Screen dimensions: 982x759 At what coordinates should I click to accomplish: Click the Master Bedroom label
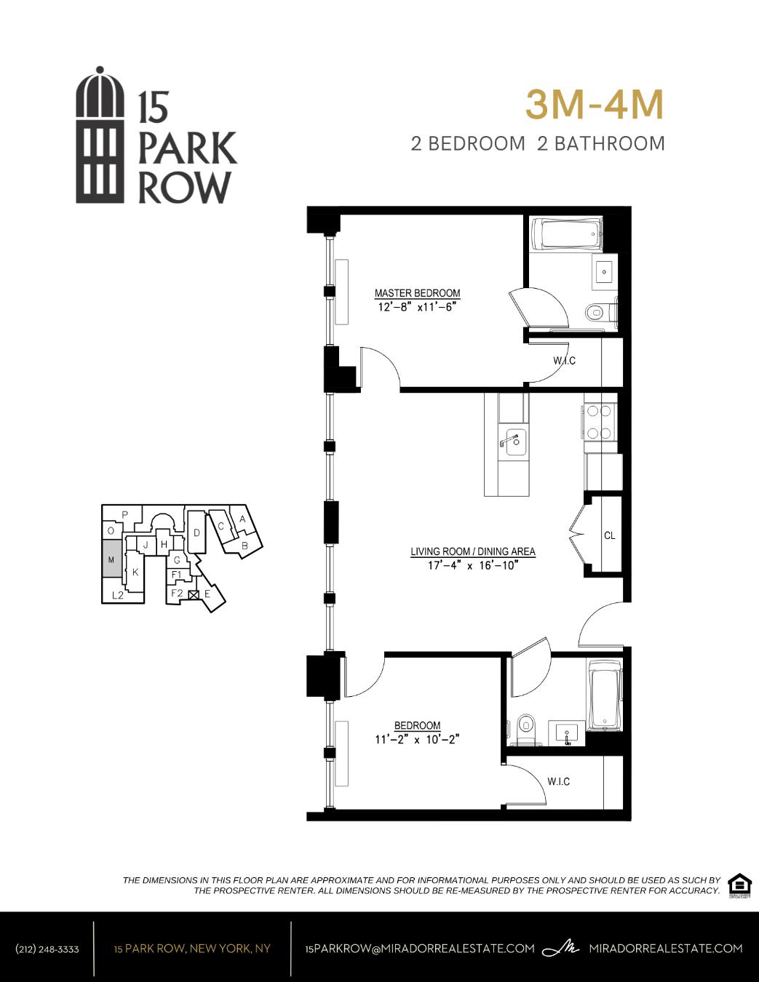[417, 293]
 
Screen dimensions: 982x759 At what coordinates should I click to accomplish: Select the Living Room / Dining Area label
[473, 551]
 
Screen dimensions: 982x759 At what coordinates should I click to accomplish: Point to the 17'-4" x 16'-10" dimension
[473, 565]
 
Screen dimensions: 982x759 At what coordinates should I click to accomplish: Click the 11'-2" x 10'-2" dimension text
[418, 739]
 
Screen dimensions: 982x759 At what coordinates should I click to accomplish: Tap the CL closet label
[610, 535]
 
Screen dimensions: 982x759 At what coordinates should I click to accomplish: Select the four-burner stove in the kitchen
[600, 422]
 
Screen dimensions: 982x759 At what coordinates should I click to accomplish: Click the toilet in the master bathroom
[596, 313]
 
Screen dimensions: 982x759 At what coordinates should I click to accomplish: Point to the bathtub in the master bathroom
[567, 234]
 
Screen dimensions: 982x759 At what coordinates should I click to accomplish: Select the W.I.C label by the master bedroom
[564, 361]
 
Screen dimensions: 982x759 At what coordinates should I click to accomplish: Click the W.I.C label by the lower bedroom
[558, 781]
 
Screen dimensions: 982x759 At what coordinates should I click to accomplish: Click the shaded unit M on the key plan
[111, 559]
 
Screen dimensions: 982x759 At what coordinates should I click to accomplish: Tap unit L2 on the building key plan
[118, 596]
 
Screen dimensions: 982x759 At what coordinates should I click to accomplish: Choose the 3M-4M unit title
[595, 105]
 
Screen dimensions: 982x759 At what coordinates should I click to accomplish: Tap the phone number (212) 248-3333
[47, 949]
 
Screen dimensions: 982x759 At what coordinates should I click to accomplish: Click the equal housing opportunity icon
[739, 885]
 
